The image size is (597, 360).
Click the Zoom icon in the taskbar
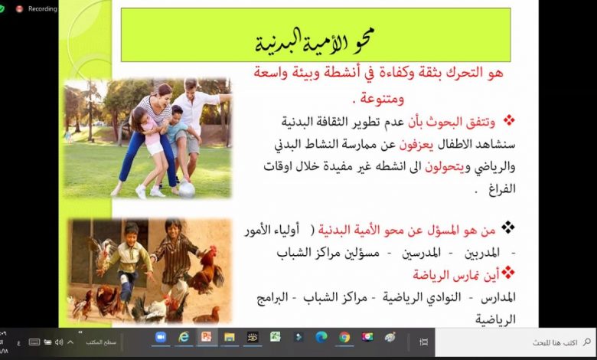tap(161, 337)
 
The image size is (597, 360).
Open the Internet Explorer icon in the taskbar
tap(184, 337)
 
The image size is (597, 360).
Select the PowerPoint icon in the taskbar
tap(207, 337)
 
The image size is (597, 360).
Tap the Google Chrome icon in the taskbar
tap(344, 337)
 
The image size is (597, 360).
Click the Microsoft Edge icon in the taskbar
tap(321, 337)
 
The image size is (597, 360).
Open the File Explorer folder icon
tap(230, 337)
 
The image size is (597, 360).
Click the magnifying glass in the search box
tap(587, 342)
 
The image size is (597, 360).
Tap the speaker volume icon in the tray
tap(59, 342)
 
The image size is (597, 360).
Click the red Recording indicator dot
tap(19, 8)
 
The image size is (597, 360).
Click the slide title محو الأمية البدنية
tap(315, 41)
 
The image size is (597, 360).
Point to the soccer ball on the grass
tap(187, 189)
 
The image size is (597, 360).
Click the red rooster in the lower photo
tap(207, 271)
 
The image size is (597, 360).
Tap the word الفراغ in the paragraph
tap(502, 189)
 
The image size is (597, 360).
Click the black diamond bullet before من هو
tap(508, 227)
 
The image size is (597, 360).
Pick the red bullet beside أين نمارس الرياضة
tap(508, 272)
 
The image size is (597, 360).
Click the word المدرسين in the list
tap(421, 253)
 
